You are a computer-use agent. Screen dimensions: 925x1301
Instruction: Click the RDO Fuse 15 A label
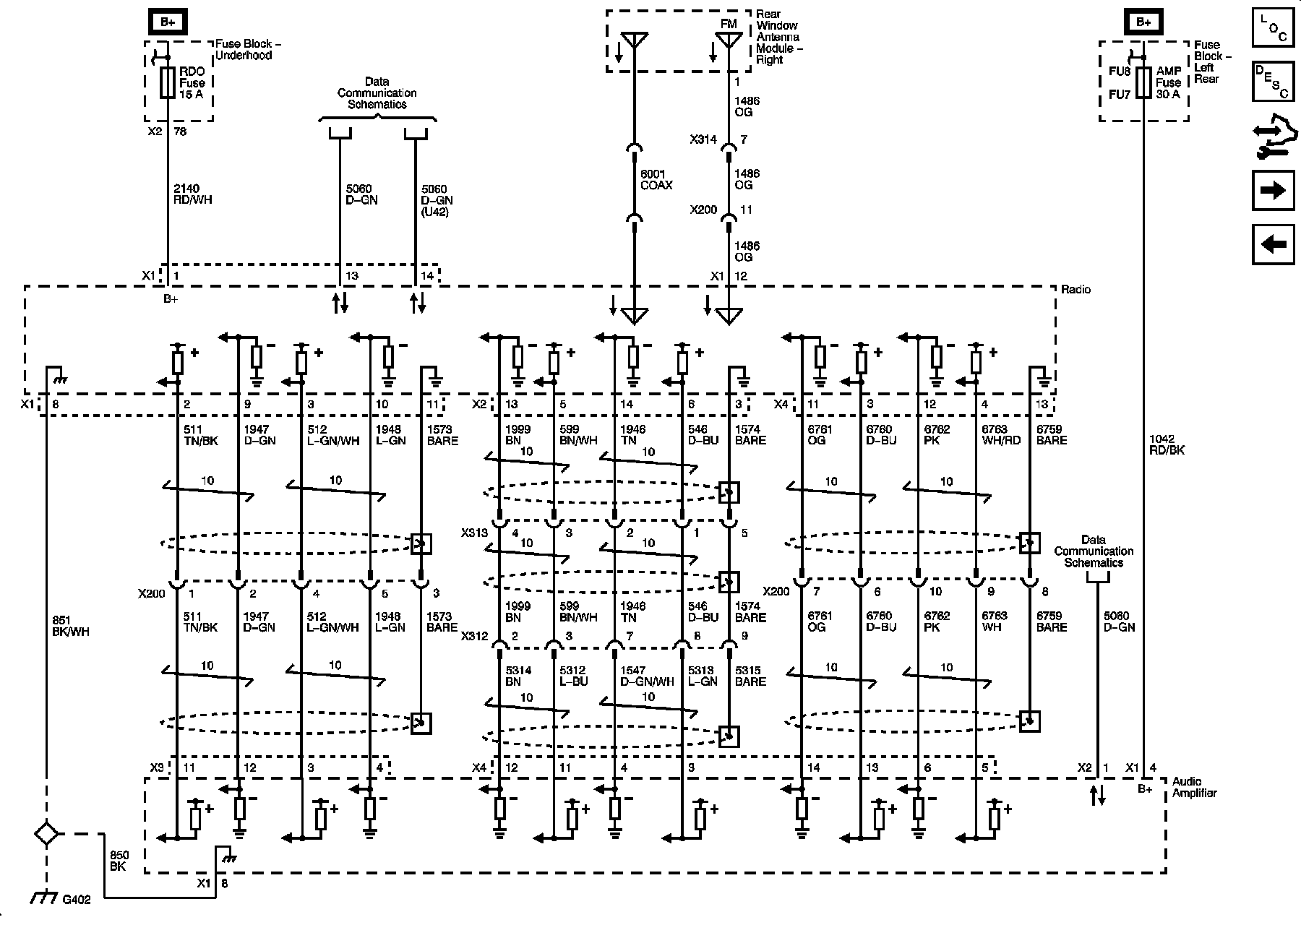pos(192,82)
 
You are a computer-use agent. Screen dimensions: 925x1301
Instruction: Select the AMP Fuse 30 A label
pos(1168,82)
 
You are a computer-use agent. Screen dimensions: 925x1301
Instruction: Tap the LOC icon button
pos(1272,29)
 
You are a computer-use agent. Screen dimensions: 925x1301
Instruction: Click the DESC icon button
pos(1272,82)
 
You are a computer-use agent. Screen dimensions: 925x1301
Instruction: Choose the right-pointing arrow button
pos(1272,191)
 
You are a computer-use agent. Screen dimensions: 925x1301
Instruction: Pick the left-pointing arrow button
pos(1272,244)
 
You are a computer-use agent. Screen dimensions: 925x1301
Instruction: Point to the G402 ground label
pos(76,901)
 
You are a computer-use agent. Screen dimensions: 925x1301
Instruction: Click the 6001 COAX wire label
pos(656,180)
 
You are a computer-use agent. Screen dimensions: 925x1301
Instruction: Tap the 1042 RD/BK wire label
pos(1167,444)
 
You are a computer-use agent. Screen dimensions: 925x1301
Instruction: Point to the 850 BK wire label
pos(119,861)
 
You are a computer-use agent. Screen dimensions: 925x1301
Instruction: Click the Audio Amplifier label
pos(1194,787)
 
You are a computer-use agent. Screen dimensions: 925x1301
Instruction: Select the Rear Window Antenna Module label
pos(778,37)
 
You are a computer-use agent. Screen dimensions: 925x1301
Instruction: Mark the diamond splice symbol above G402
pos(47,833)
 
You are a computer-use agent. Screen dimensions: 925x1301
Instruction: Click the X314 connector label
pos(703,139)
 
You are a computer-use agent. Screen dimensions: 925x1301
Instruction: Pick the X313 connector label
pos(474,533)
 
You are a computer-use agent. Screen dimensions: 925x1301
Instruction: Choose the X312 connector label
pos(474,637)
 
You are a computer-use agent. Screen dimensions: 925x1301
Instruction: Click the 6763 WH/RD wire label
pos(1000,434)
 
